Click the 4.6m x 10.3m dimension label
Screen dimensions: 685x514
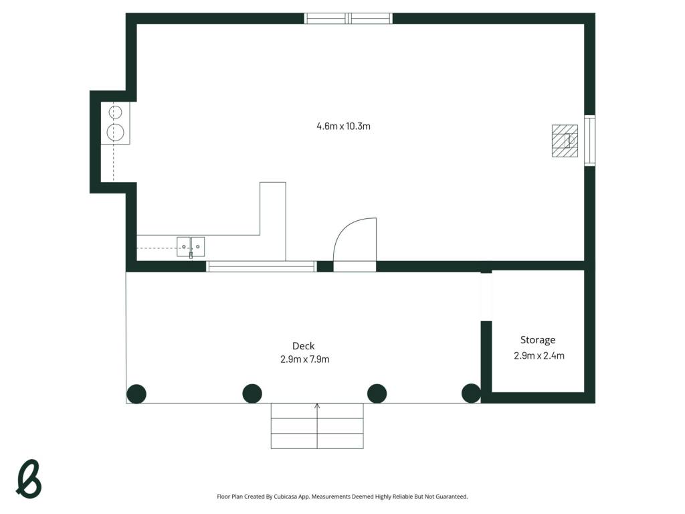click(x=343, y=126)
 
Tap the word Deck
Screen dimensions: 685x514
click(x=304, y=346)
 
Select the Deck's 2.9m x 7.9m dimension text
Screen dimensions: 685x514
click(x=305, y=359)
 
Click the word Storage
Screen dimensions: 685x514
click(x=538, y=340)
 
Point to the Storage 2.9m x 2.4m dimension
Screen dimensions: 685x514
click(x=539, y=356)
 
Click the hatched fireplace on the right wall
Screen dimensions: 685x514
click(x=565, y=141)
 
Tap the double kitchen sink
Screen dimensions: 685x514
click(x=191, y=247)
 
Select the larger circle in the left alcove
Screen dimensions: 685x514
click(x=115, y=132)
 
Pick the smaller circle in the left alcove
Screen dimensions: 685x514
click(x=115, y=112)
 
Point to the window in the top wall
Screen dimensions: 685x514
click(x=348, y=18)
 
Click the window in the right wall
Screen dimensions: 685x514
click(x=590, y=141)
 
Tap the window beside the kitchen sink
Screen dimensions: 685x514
click(x=261, y=266)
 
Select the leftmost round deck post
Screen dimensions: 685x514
click(x=136, y=394)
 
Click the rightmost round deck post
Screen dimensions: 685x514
click(x=472, y=394)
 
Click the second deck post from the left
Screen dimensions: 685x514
click(x=252, y=394)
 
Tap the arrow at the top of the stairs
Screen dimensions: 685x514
click(x=317, y=406)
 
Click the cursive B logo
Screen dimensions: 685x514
click(x=28, y=479)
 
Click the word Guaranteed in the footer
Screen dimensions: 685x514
click(x=453, y=497)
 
